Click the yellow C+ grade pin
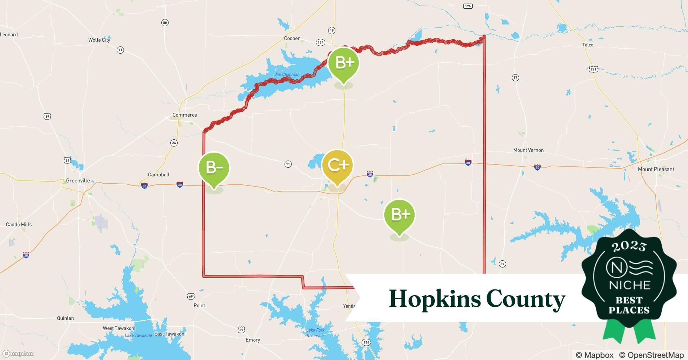[337, 166]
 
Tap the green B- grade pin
[214, 168]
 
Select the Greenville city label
[78, 181]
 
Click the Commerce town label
[184, 115]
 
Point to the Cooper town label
[292, 39]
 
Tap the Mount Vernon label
[528, 150]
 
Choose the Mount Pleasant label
[656, 169]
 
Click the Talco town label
[588, 45]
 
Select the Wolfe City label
[99, 40]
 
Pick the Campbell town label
[158, 175]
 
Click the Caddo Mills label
[19, 225]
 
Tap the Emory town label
[253, 340]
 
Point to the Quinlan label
[65, 318]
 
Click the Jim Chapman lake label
[287, 75]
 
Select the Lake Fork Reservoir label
[315, 333]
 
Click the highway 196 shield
[468, 6]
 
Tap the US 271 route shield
[594, 69]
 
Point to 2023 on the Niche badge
[629, 246]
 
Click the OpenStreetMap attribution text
[651, 355]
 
